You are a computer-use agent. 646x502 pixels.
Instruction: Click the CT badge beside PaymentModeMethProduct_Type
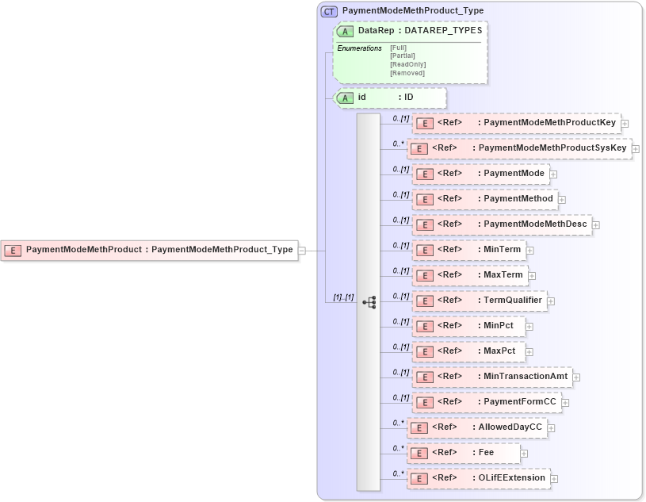coord(329,11)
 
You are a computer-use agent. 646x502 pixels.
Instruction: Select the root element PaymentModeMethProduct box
coord(149,250)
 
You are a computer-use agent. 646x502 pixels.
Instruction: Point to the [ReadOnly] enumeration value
coord(407,64)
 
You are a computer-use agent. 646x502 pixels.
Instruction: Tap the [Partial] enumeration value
coord(402,56)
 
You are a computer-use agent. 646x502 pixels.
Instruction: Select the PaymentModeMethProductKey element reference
coord(516,123)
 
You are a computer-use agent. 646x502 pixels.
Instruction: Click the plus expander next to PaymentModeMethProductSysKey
coord(636,148)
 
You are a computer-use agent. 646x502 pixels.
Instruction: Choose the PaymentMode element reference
coord(480,174)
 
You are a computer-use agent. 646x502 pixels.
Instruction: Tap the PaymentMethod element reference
coord(484,199)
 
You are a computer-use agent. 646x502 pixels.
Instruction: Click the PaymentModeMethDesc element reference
coord(502,224)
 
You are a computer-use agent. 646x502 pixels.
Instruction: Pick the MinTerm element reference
coord(468,250)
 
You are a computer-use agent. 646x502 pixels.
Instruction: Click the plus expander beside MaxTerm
coord(533,275)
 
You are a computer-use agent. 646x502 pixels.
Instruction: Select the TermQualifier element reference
coord(480,301)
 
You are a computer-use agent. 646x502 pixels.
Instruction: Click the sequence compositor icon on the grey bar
coord(369,302)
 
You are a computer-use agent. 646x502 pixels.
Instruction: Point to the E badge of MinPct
coord(425,326)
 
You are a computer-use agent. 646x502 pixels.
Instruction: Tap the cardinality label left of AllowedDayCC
coord(399,423)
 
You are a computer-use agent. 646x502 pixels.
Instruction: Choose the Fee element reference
coord(464,453)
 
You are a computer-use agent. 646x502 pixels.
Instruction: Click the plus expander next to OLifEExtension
coord(554,478)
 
